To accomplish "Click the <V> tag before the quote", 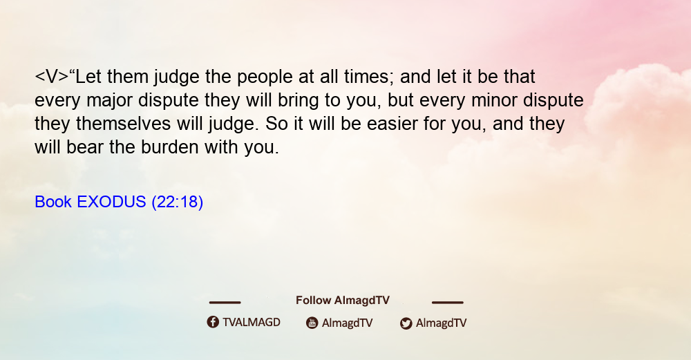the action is [x=52, y=77].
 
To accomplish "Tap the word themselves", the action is [x=124, y=124].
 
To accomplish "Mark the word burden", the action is [x=170, y=146].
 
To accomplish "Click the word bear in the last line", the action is [x=85, y=146].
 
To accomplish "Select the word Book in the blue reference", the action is [x=53, y=202].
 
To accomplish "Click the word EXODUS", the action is [x=111, y=202].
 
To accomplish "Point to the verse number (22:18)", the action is [x=177, y=202].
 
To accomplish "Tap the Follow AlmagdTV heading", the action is [x=343, y=301].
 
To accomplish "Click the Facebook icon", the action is [x=213, y=322].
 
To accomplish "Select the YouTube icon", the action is [x=312, y=323].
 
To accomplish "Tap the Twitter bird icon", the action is [x=406, y=323].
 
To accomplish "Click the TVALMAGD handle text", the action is [x=252, y=323].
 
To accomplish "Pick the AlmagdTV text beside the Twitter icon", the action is [x=441, y=323].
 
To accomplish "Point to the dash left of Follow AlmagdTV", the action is [x=225, y=303].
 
